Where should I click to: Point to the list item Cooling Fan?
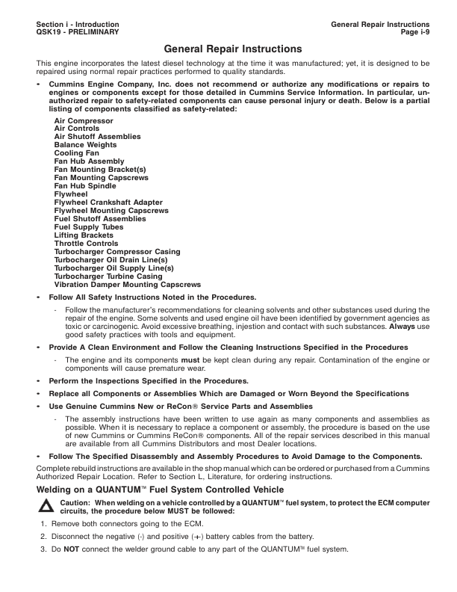coord(77,153)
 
